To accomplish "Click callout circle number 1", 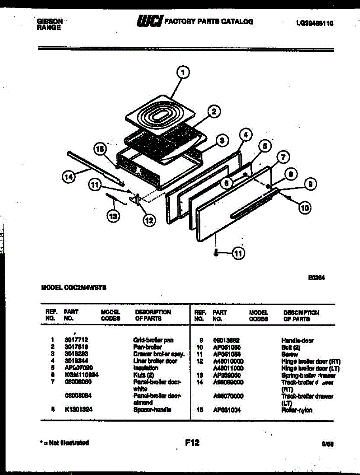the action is pos(182,72).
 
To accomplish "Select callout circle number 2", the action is pos(213,112).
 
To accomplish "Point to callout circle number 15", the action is pos(101,150).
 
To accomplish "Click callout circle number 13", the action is pos(113,216).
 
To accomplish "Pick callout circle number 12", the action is pos(149,220).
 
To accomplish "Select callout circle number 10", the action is pos(304,207).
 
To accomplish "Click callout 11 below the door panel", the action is pos(238,254).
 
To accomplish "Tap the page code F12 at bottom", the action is pos(192,443).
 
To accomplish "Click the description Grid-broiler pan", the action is pos(153,340).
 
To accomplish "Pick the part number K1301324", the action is pos(78,410).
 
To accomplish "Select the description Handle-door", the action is pos(297,340).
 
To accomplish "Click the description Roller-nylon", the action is pos(297,410).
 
